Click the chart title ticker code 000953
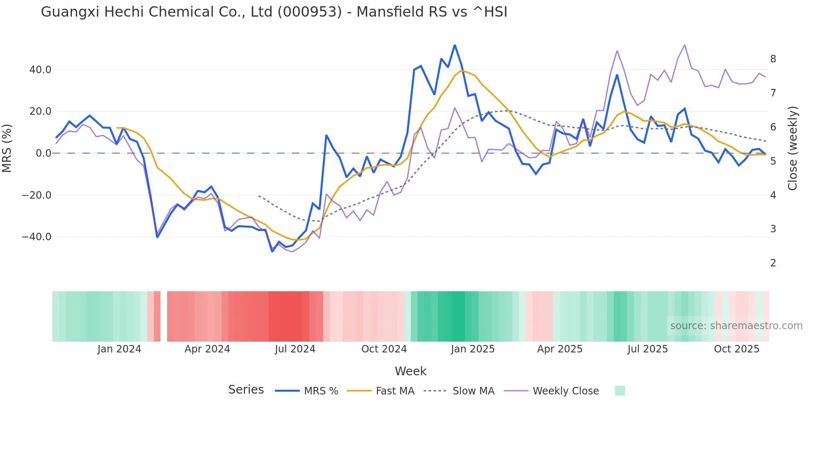(x=309, y=12)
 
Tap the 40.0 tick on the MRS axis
(x=40, y=70)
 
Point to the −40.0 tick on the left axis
(x=37, y=237)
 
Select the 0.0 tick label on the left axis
(x=44, y=153)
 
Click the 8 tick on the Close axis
(x=773, y=59)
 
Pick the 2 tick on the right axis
(x=773, y=263)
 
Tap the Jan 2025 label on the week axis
(x=473, y=349)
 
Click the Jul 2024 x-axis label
(x=295, y=349)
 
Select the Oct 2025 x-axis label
(x=736, y=349)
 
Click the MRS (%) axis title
(x=7, y=148)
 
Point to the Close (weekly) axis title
(x=793, y=148)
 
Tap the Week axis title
(x=410, y=371)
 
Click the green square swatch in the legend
(x=620, y=391)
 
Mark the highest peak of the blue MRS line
(x=454, y=45)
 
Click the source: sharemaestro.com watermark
(x=736, y=326)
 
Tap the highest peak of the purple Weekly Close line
(x=684, y=45)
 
